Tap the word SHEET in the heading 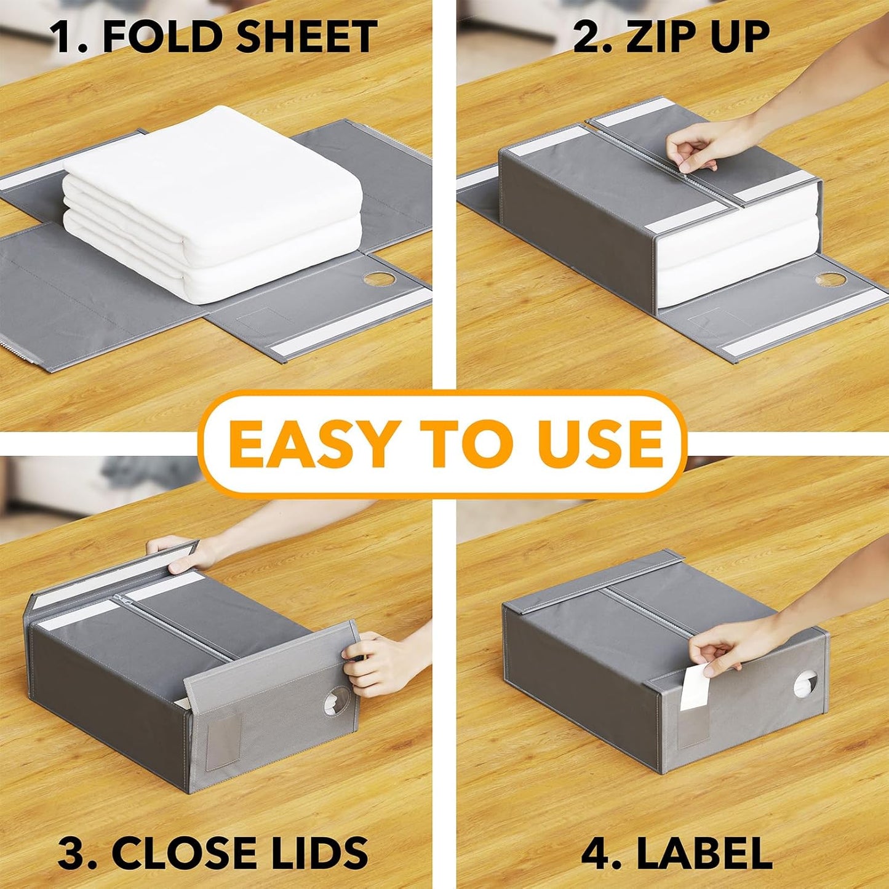tap(306, 37)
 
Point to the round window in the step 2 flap tap(831, 279)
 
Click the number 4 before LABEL tap(594, 852)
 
